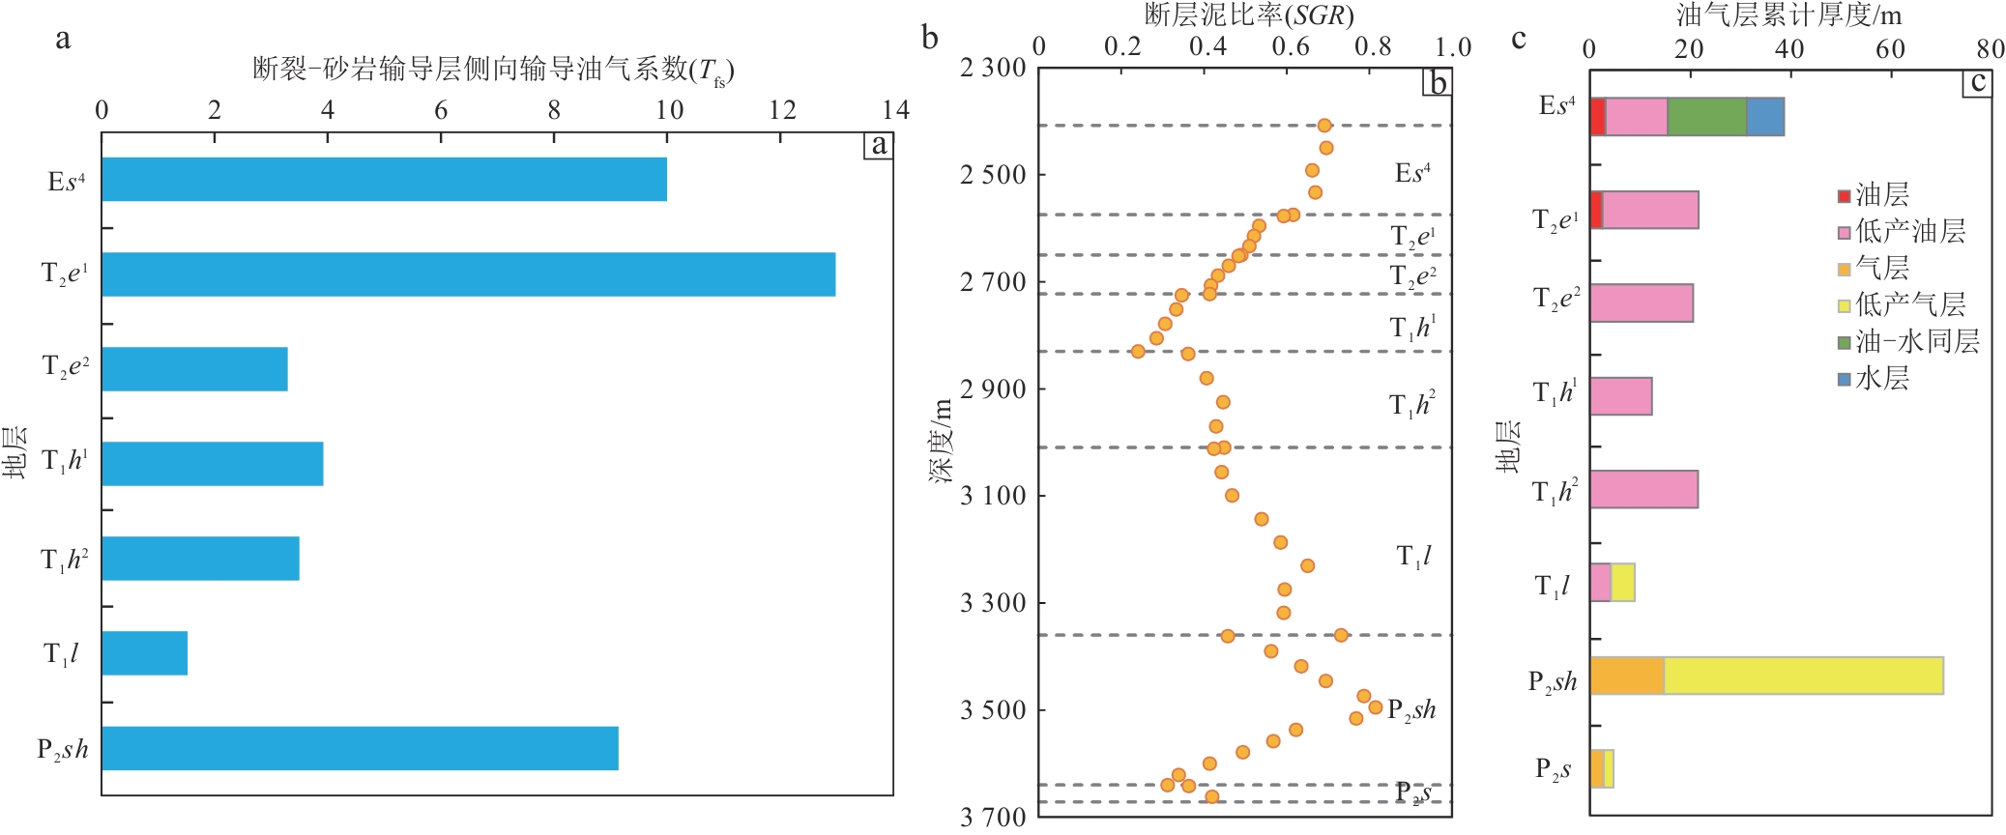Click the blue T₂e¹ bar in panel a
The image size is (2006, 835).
[x=468, y=274]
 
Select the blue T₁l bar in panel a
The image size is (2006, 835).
[x=144, y=653]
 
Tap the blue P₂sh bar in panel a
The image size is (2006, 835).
[x=360, y=748]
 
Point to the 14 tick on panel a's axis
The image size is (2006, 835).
[x=895, y=110]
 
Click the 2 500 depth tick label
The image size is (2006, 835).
[x=992, y=175]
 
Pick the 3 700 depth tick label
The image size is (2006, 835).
[x=992, y=817]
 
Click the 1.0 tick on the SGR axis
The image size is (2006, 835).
[x=1452, y=46]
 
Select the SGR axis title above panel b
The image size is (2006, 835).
[x=1248, y=15]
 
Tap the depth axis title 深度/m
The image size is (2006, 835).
[x=942, y=441]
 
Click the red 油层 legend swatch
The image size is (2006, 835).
[x=1844, y=196]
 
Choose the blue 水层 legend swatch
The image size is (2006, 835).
[x=1844, y=379]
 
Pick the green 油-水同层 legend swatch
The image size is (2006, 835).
[x=1844, y=342]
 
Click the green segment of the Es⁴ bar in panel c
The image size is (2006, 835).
[x=1706, y=117]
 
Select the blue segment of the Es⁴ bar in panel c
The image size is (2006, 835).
[x=1764, y=117]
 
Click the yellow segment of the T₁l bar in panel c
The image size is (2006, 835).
[x=1622, y=583]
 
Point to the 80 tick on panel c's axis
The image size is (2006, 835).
[x=1990, y=48]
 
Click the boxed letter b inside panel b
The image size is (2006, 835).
[x=1438, y=84]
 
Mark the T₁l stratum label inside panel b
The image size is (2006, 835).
[x=1413, y=557]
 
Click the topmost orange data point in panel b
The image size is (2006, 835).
[x=1324, y=126]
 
